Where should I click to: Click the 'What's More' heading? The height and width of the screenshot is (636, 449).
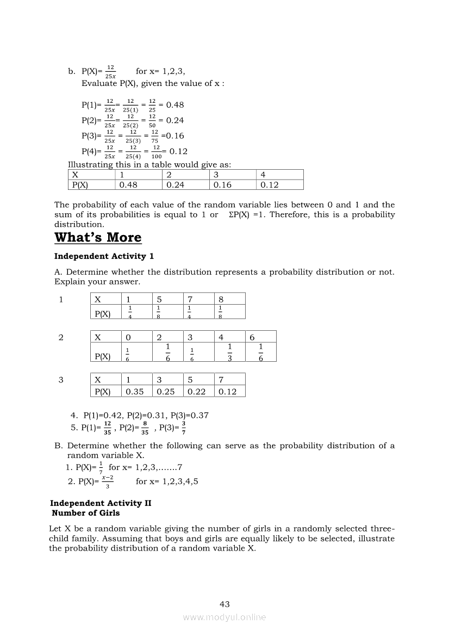click(98, 238)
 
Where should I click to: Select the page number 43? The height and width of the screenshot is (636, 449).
click(224, 604)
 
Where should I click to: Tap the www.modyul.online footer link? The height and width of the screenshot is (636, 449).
click(224, 617)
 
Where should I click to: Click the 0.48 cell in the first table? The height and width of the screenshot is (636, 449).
click(128, 185)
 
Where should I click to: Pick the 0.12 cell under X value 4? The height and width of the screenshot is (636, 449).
click(270, 185)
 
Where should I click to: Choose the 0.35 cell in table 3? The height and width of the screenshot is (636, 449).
click(135, 391)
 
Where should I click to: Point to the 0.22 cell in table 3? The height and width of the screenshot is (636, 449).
click(197, 391)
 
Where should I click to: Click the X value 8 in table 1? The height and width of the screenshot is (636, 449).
click(221, 299)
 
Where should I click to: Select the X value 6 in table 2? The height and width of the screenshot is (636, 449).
click(252, 337)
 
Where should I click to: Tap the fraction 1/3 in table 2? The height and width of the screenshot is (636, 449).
click(230, 351)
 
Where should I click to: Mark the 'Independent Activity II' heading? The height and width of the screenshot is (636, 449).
click(101, 503)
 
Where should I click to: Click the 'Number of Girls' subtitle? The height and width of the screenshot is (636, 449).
click(86, 513)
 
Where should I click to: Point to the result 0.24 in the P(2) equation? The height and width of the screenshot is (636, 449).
click(175, 120)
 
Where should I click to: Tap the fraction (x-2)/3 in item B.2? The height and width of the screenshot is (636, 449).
click(108, 481)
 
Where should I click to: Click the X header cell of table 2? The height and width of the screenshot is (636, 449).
click(98, 337)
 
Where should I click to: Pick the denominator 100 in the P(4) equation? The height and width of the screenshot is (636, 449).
click(157, 156)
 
